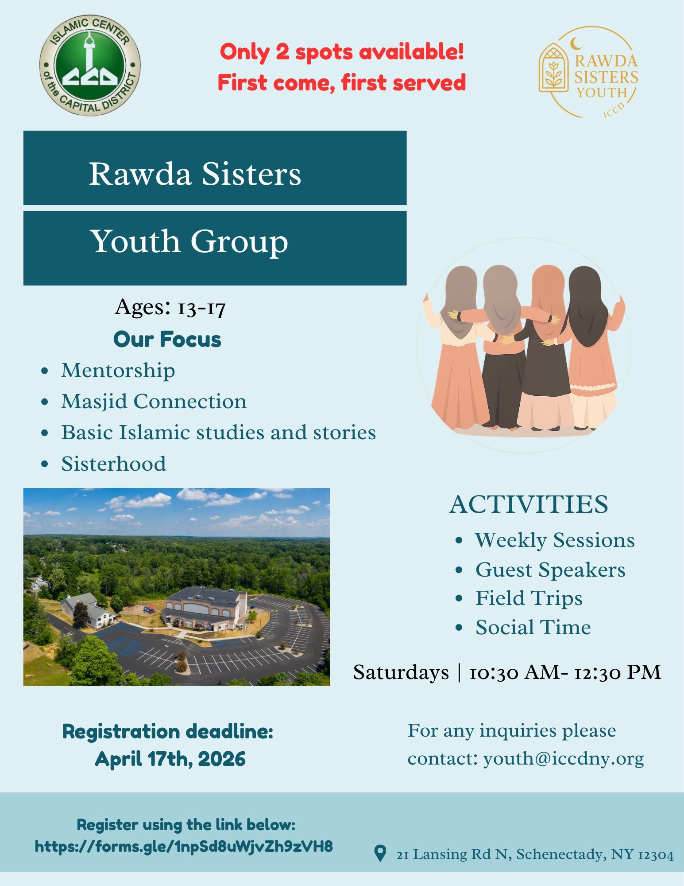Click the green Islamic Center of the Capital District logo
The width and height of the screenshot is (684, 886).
click(90, 65)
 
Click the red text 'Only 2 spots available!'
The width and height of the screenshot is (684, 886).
click(342, 52)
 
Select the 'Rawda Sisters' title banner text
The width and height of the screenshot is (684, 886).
click(195, 173)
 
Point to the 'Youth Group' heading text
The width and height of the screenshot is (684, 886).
click(189, 242)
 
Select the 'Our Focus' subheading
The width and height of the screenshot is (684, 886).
click(167, 340)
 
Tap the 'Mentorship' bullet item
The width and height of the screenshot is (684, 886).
click(118, 371)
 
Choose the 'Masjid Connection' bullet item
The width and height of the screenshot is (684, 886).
click(154, 402)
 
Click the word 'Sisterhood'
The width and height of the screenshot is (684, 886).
click(114, 464)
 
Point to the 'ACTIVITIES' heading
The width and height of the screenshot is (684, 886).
click(529, 504)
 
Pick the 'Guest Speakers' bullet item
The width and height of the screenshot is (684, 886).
click(550, 570)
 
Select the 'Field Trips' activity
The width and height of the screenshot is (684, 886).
click(529, 599)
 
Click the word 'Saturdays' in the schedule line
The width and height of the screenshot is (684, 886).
click(401, 672)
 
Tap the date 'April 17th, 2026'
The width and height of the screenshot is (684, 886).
click(170, 759)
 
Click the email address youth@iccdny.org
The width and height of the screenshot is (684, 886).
click(563, 759)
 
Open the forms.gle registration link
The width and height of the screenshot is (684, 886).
click(184, 847)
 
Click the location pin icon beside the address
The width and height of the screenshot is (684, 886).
click(380, 853)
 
